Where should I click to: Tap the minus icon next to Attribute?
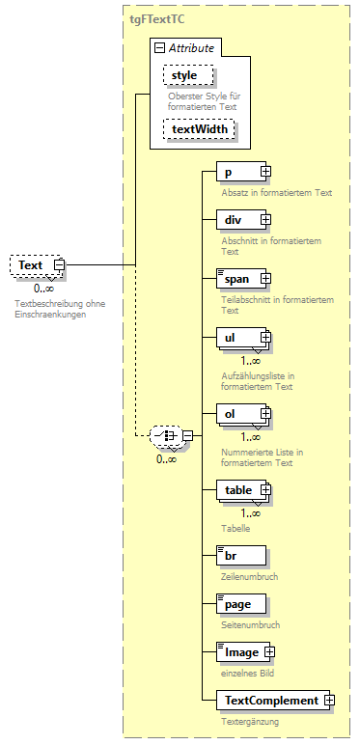click(159, 47)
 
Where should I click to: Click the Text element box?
click(31, 264)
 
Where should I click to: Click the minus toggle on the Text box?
click(59, 264)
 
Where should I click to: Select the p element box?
click(236, 172)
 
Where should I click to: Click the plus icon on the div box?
click(265, 220)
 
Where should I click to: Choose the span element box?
click(236, 279)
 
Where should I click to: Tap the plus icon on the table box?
click(265, 490)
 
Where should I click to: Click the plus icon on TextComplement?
click(329, 700)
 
